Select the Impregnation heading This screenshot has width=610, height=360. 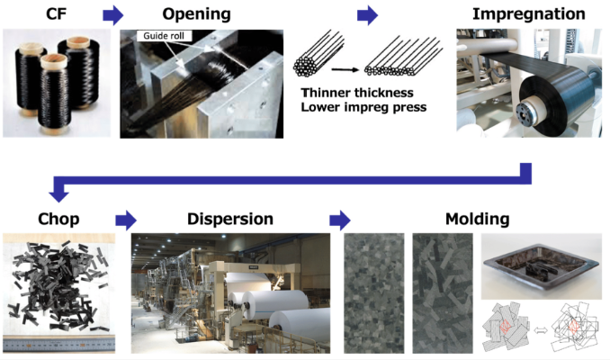click(530, 14)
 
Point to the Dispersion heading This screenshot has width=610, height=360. click(230, 219)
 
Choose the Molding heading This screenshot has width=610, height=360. click(477, 219)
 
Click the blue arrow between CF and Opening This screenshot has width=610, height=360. click(112, 14)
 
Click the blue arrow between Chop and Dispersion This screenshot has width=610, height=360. click(125, 219)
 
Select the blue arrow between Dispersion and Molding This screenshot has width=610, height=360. click(339, 219)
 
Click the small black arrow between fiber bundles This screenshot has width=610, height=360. click(343, 67)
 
